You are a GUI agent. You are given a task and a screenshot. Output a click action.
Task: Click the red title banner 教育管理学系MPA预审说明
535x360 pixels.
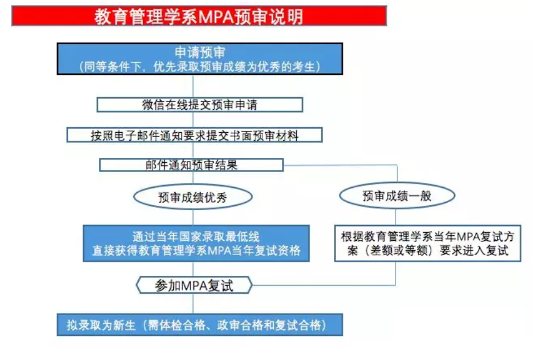click(x=199, y=16)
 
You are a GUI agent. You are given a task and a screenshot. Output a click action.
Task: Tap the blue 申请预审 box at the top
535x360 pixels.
click(x=200, y=59)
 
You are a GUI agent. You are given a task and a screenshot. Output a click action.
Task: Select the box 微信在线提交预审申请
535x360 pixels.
click(x=200, y=105)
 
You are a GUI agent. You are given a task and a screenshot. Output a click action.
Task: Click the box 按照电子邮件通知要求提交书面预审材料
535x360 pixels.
click(x=195, y=135)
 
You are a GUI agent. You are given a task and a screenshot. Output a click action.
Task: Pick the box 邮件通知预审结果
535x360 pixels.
click(x=192, y=165)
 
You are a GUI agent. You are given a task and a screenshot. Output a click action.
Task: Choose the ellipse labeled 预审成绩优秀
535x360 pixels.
click(x=193, y=197)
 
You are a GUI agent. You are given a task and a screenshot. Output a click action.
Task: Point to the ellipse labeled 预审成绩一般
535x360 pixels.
click(x=397, y=196)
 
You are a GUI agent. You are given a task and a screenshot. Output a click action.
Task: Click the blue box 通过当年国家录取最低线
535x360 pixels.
click(x=196, y=243)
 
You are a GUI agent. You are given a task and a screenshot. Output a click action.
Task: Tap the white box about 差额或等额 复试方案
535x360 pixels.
click(x=428, y=243)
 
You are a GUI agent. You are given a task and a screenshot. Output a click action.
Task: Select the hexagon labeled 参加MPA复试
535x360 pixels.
click(x=194, y=285)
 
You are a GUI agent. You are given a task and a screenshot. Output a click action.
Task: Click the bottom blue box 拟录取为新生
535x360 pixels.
click(x=200, y=325)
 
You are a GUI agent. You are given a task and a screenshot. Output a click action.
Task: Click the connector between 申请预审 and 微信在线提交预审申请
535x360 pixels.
click(x=193, y=87)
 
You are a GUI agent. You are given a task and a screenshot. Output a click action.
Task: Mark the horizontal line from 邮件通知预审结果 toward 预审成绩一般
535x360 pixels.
click(x=340, y=166)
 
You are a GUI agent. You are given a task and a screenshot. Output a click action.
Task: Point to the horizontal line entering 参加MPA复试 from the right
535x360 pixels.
click(x=324, y=285)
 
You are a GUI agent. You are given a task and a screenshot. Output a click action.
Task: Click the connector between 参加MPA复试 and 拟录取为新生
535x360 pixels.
click(x=193, y=304)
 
